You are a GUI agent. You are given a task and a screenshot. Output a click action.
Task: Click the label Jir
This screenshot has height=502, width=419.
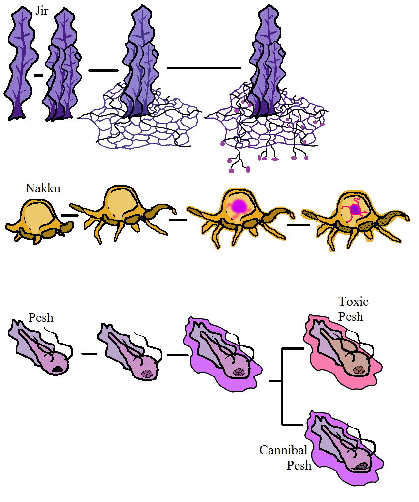coord(42,11)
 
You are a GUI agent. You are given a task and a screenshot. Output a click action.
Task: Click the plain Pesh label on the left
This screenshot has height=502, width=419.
coord(41,317)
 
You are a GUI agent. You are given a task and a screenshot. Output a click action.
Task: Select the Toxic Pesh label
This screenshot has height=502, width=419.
coord(353,309)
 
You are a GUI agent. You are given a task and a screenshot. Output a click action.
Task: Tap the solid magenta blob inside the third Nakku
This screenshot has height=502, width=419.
coord(239,206)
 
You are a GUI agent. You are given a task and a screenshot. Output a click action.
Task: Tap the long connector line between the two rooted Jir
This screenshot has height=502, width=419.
coord(204,68)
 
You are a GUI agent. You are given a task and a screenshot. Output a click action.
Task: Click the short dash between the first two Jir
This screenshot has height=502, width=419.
coord(38,75)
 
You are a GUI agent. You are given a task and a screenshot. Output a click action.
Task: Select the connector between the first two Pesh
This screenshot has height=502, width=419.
coord(89,353)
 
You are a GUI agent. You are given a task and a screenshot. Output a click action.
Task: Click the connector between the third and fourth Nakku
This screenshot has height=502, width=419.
coord(299,225)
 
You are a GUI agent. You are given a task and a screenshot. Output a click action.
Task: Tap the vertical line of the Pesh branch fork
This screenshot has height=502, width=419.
coord(282,386)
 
